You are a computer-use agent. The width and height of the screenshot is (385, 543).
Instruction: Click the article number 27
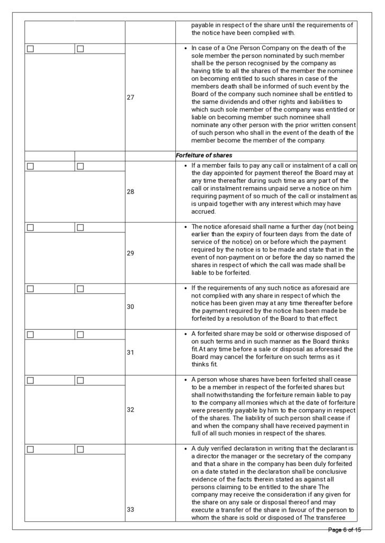(130, 98)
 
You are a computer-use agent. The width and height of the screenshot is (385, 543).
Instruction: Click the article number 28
(130, 191)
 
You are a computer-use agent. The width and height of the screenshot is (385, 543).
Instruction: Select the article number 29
(130, 253)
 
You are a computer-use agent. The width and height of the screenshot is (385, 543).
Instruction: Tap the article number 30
(130, 306)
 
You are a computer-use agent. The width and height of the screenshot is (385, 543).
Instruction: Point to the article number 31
(130, 352)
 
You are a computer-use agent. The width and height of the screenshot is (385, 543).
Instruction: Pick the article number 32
(130, 409)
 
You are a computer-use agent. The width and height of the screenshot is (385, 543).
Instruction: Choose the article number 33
(130, 510)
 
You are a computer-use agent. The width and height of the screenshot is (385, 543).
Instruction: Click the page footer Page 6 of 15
(344, 530)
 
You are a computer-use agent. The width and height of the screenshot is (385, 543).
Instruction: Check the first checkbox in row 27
(30, 49)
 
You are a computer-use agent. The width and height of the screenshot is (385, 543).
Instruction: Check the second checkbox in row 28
(80, 166)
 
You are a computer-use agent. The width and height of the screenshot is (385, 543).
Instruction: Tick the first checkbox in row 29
(30, 227)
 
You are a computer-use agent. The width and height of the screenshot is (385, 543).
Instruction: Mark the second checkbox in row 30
(80, 289)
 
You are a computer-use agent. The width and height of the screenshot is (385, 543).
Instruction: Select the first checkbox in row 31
(30, 335)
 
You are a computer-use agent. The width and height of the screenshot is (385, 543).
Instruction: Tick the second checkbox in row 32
(80, 381)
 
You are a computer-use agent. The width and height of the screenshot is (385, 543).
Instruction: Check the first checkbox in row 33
(30, 450)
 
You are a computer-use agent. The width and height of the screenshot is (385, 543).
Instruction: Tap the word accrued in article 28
(204, 211)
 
